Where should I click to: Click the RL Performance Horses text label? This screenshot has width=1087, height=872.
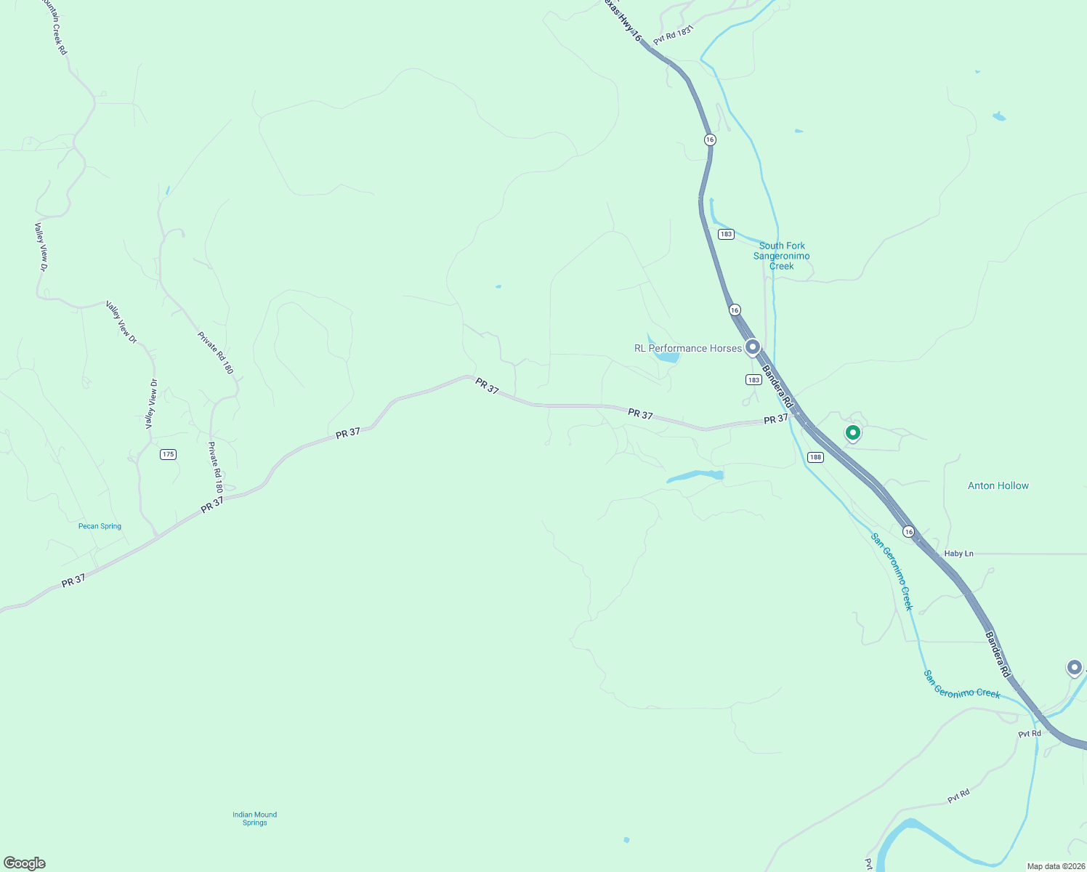687,349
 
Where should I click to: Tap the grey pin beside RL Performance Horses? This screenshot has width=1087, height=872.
753,347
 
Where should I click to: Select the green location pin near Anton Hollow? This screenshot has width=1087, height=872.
853,433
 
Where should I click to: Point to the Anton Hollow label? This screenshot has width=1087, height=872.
998,485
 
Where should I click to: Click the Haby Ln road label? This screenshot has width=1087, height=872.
958,554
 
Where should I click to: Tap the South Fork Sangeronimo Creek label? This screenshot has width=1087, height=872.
781,256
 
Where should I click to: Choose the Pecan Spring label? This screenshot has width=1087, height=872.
100,526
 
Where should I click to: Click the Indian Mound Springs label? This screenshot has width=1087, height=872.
254,818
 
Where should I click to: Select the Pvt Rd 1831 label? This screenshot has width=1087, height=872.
674,35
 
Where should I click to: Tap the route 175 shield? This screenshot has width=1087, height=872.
169,454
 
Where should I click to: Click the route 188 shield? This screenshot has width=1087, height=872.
815,457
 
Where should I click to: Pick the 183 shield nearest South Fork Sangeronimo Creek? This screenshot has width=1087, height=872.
726,234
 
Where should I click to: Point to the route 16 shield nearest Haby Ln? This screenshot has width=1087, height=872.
908,532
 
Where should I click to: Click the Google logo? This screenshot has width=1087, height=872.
25,863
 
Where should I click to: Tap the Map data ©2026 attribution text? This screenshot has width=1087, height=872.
1054,866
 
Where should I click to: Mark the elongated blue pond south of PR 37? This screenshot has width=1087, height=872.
695,476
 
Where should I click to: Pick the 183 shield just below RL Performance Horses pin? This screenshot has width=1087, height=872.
753,380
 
